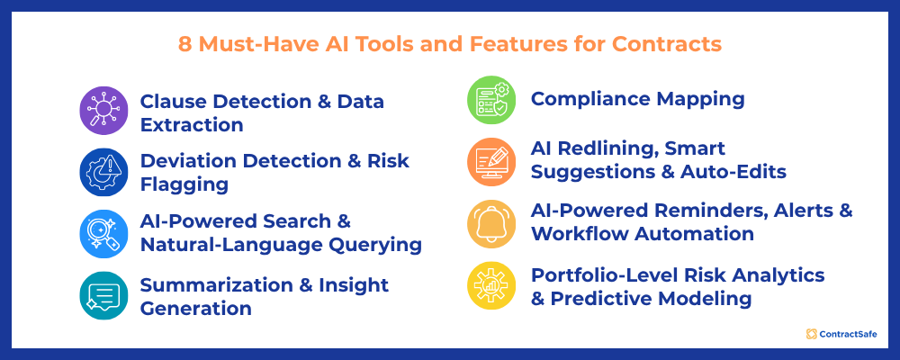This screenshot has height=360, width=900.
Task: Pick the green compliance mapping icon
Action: pos(492,100)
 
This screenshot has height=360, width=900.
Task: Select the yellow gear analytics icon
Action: pos(492,285)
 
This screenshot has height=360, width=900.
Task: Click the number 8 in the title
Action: pos(184,42)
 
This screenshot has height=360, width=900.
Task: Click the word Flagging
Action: pos(184,184)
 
